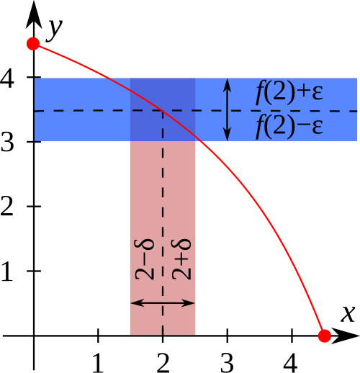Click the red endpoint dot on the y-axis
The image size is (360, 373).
click(33, 44)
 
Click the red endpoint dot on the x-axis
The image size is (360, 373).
click(325, 336)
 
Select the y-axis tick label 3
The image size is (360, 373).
click(7, 142)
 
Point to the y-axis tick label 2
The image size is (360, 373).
click(7, 206)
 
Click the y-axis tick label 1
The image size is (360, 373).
click(7, 271)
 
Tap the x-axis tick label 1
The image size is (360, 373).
click(98, 363)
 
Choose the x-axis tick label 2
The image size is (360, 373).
click(163, 363)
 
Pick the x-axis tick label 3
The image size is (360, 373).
click(227, 363)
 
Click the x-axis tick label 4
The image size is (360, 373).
click(291, 363)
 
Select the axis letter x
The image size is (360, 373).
click(348, 314)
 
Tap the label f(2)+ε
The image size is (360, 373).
click(289, 92)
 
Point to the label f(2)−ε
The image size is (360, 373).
click(289, 126)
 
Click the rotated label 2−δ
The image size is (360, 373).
click(144, 259)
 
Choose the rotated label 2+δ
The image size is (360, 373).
click(181, 259)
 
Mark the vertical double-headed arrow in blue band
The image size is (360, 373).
click(227, 109)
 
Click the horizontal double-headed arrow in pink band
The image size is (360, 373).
click(163, 303)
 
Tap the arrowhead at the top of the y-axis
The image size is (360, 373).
click(34, 14)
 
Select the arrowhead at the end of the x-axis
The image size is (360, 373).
click(346, 336)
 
